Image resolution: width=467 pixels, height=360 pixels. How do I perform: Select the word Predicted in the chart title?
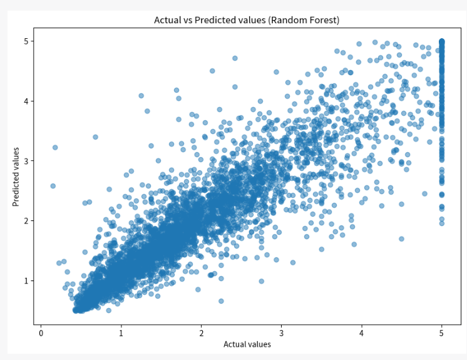(213, 20)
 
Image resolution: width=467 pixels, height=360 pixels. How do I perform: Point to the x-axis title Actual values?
(247, 344)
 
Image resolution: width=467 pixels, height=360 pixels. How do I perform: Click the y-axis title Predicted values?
(16, 177)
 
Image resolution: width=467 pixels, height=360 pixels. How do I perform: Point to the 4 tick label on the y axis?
(26, 101)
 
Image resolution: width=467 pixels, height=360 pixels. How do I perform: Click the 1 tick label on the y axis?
(26, 280)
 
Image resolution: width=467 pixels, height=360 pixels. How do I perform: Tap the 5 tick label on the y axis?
(26, 41)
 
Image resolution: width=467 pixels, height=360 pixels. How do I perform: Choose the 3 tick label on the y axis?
(26, 161)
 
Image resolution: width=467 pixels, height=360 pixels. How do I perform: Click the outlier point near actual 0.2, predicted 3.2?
(55, 147)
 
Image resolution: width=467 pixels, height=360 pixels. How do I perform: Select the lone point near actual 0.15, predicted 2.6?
(53, 186)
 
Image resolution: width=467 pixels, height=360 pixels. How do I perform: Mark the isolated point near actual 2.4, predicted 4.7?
(235, 58)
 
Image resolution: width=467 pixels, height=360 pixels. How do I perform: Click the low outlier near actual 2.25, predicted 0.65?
(221, 301)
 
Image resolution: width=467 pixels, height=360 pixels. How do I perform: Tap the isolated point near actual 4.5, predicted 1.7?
(401, 239)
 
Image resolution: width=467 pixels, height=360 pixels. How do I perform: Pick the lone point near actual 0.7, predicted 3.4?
(95, 136)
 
